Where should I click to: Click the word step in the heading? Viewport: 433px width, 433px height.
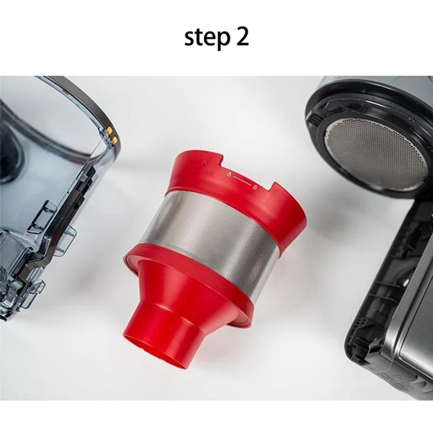tap(205, 38)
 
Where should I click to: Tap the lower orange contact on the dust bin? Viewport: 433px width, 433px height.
tap(114, 140)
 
